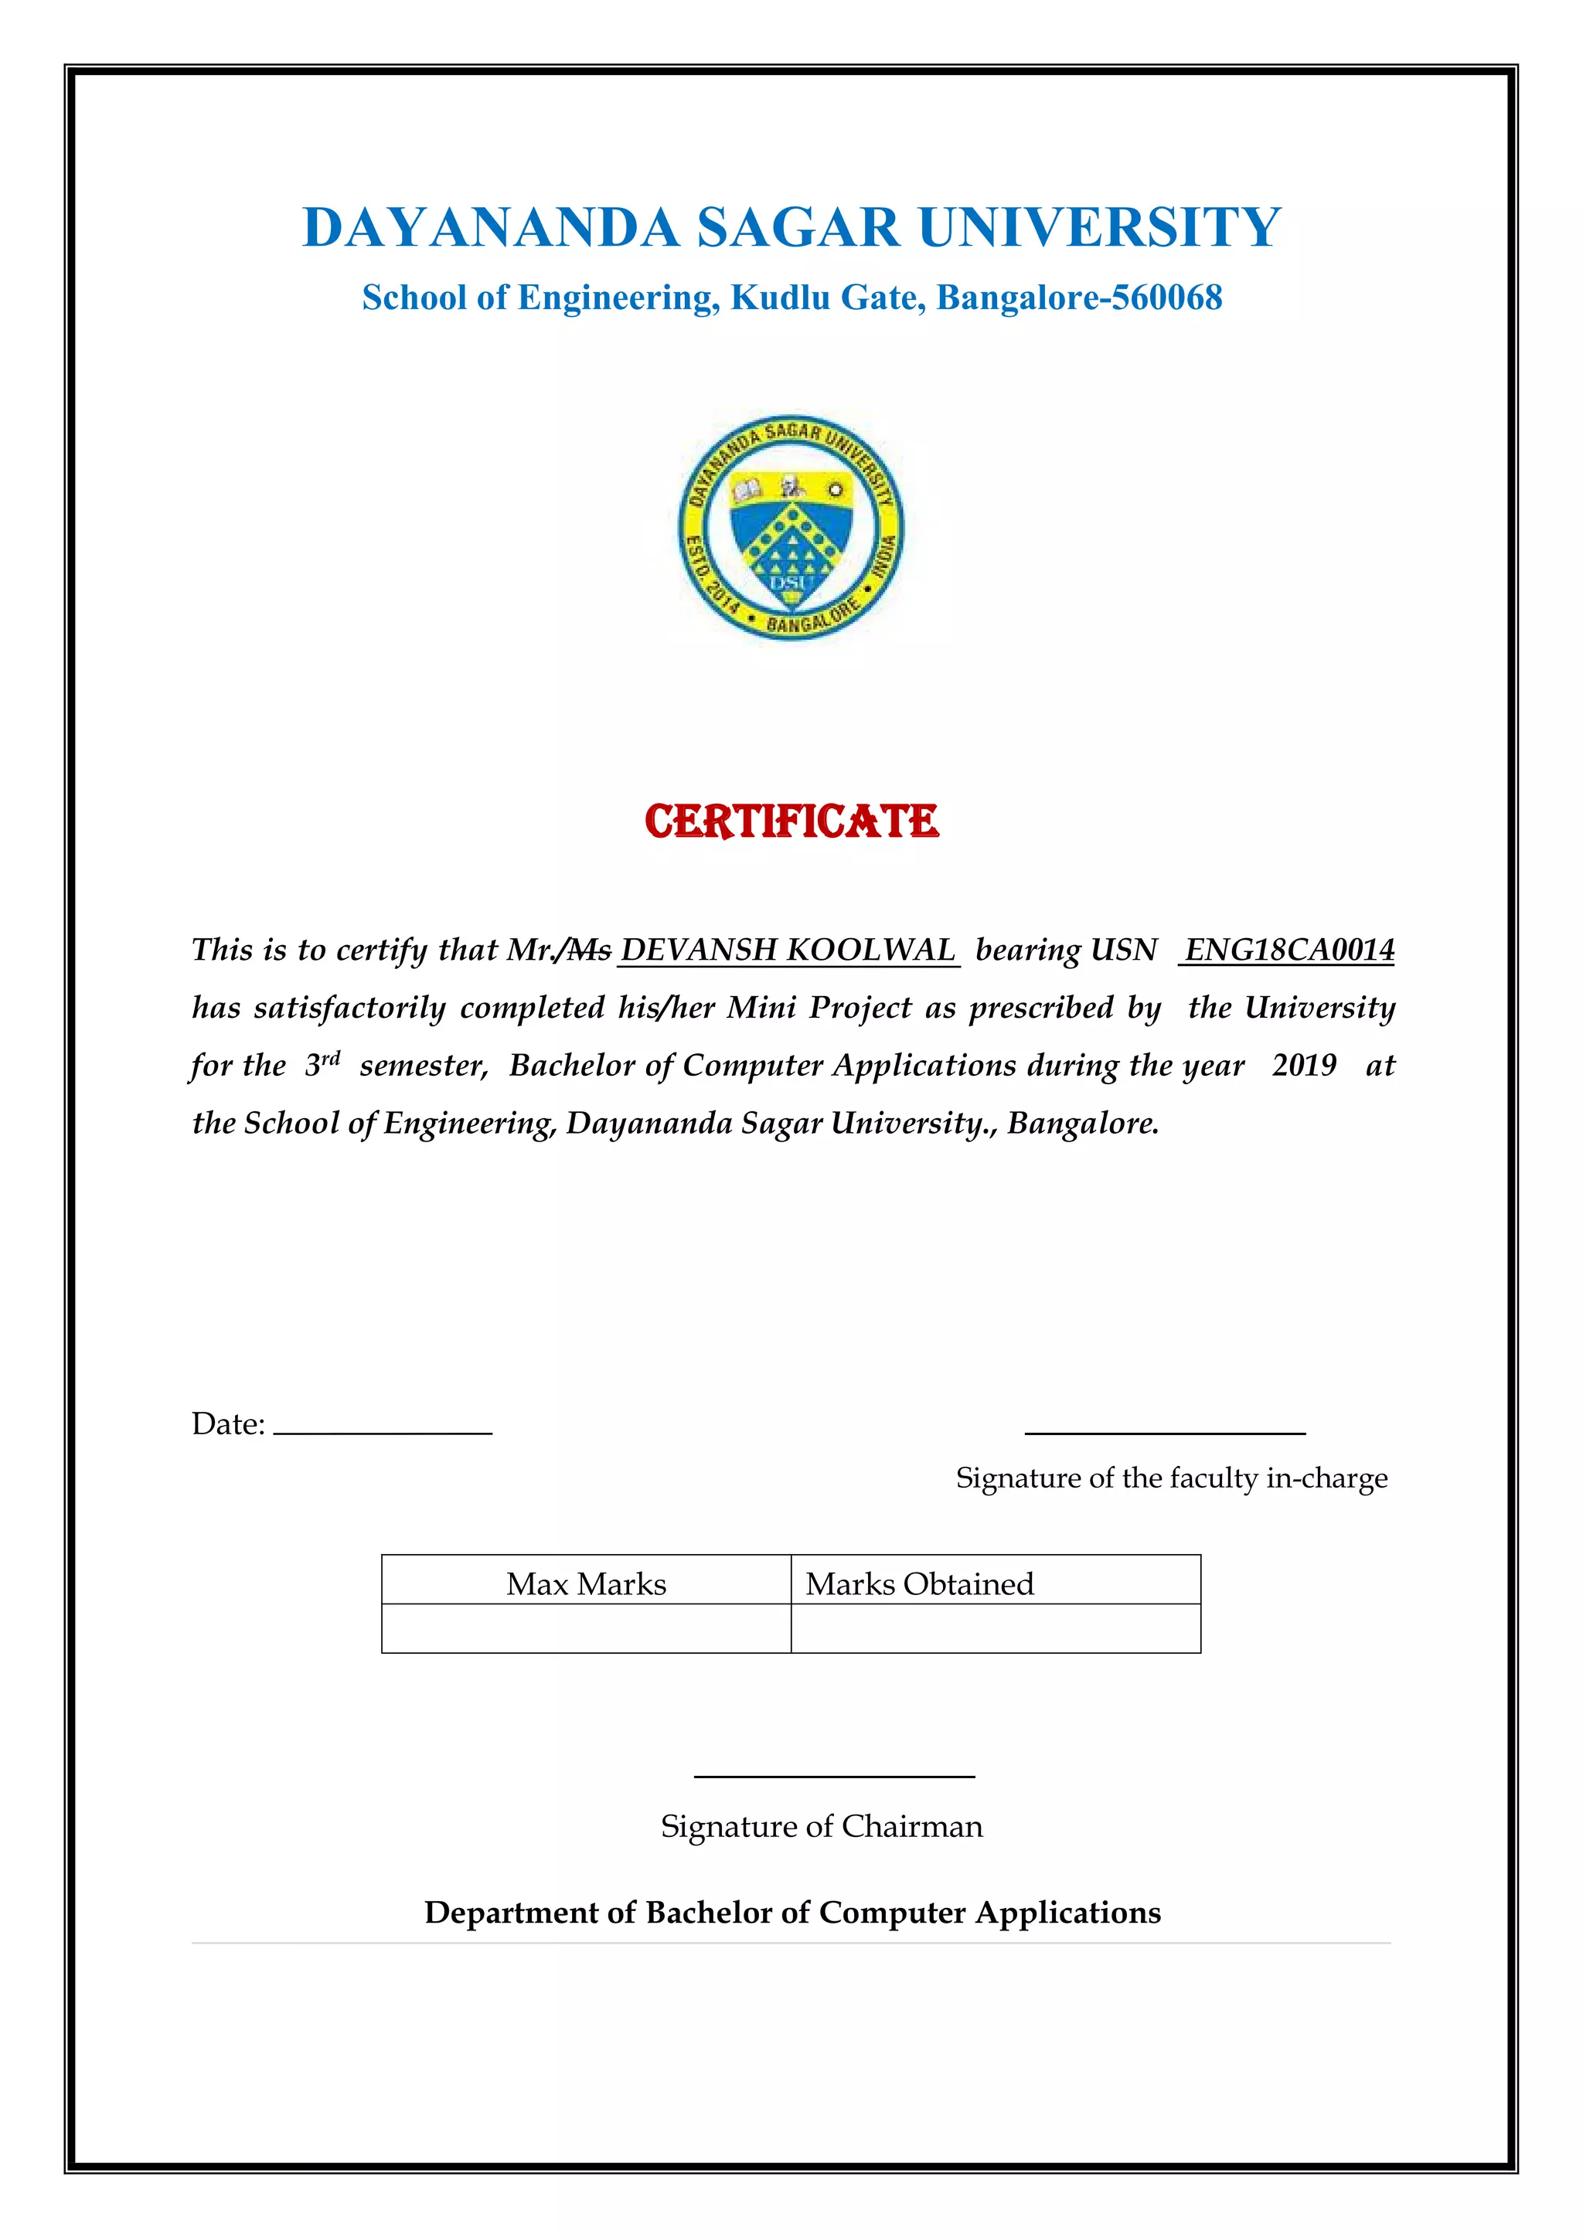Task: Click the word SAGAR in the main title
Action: pos(798,228)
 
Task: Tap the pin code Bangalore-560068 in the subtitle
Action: pos(1079,298)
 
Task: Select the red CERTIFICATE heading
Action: pos(791,821)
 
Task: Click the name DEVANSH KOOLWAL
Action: pos(788,950)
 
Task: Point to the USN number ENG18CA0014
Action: pos(1289,950)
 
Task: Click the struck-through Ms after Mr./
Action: pos(590,950)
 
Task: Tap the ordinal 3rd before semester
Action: pos(322,1063)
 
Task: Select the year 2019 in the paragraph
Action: pos(1303,1064)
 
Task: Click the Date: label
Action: pos(228,1424)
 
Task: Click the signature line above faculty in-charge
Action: pos(1165,1432)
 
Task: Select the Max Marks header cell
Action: pos(586,1584)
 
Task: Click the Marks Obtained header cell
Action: pos(996,1584)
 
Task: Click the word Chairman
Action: pos(911,1825)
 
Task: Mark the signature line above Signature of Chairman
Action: pos(834,1776)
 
